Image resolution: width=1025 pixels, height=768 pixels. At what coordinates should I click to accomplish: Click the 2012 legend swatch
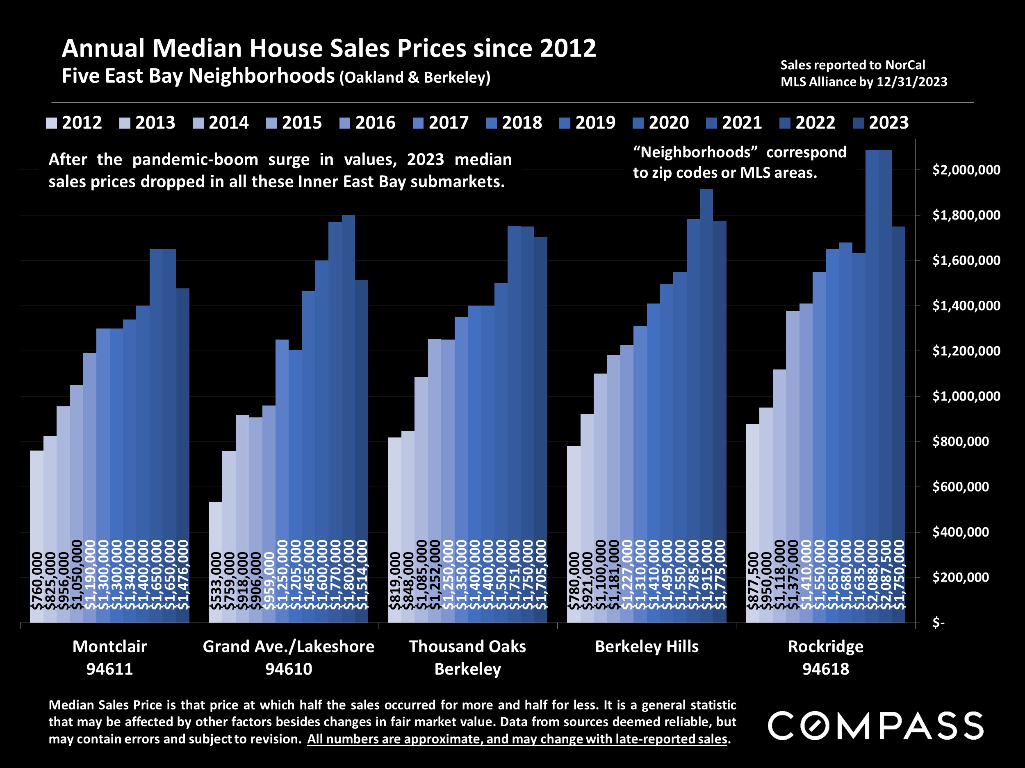coord(51,123)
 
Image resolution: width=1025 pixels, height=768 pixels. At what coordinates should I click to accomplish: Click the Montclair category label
coord(109,646)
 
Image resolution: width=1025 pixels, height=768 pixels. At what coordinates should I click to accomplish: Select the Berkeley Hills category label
coord(647,646)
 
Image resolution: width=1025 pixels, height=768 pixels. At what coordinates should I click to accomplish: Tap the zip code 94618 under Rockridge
coord(826,669)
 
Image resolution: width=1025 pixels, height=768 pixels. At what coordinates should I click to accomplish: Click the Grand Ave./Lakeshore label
coord(288,646)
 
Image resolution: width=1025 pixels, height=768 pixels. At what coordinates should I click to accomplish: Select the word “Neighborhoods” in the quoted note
coord(695,152)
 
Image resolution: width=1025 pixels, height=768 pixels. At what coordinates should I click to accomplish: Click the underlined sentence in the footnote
coord(517,739)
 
